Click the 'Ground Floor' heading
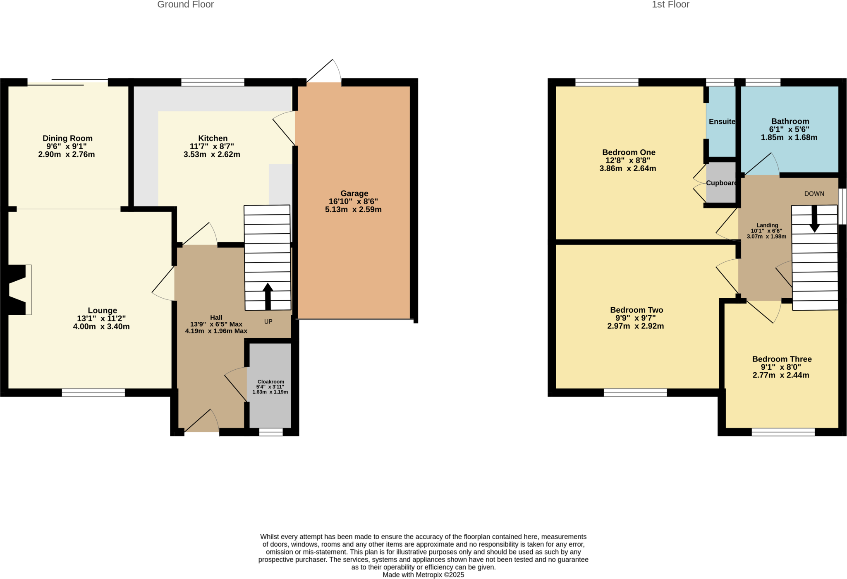pyautogui.click(x=185, y=5)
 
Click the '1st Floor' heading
pyautogui.click(x=670, y=5)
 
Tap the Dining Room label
pyautogui.click(x=67, y=138)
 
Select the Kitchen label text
pyautogui.click(x=213, y=138)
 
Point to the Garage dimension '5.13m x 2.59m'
pyautogui.click(x=353, y=210)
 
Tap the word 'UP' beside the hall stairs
pyautogui.click(x=268, y=322)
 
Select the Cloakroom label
pyautogui.click(x=270, y=382)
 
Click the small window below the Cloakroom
pyautogui.click(x=271, y=432)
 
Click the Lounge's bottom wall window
pyautogui.click(x=93, y=392)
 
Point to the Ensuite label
pyautogui.click(x=722, y=122)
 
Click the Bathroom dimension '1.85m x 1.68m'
pyautogui.click(x=789, y=138)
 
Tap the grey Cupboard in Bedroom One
pyautogui.click(x=720, y=183)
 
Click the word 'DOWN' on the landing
pyautogui.click(x=814, y=194)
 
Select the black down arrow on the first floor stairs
pyautogui.click(x=814, y=219)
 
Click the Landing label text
pyautogui.click(x=767, y=225)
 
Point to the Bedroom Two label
pyautogui.click(x=636, y=310)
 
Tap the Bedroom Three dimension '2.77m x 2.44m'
pyautogui.click(x=781, y=376)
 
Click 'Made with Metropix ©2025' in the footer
pyautogui.click(x=423, y=575)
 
